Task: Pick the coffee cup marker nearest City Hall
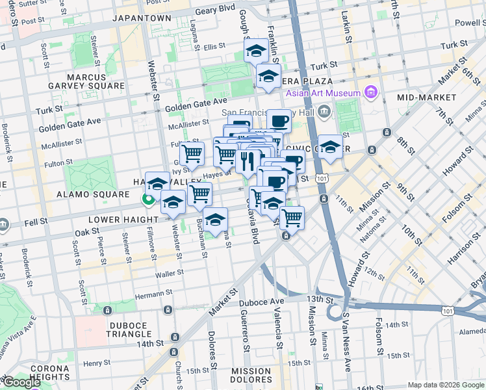click(x=279, y=120)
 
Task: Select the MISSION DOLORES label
click(x=251, y=376)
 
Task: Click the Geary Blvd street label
click(x=216, y=10)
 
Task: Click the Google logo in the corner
click(x=22, y=382)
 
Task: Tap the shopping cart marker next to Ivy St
click(x=192, y=153)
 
